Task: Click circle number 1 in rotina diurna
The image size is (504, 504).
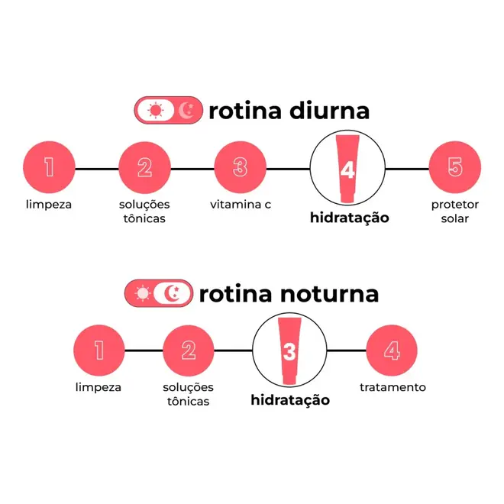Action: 49,167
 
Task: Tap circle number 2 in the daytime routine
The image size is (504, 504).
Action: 144,167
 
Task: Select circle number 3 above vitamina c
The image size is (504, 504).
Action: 240,167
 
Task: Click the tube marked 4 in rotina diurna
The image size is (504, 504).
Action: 347,169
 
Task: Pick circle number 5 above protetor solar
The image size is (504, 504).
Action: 455,167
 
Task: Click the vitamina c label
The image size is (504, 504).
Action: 241,205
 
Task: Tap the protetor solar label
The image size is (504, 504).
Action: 455,212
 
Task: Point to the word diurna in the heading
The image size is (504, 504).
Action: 329,111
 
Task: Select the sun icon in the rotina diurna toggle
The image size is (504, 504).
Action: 156,110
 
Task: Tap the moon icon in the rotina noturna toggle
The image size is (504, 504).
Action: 172,293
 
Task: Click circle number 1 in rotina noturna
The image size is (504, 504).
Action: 99,351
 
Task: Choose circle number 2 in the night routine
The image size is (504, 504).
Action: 189,351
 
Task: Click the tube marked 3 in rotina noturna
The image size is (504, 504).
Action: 289,351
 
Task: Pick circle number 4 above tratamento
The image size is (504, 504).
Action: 392,351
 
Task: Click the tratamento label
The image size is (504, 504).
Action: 393,387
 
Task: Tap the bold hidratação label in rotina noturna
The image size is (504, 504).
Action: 290,401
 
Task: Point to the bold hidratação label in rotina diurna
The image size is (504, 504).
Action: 350,218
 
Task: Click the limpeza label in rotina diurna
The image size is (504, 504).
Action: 49,205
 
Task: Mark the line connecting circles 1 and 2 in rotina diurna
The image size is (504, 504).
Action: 97,169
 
